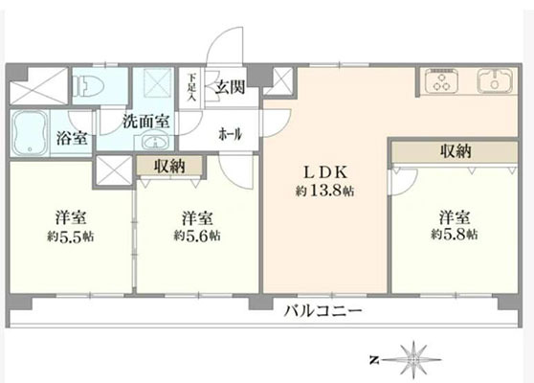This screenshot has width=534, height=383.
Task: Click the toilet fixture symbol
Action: (x=88, y=86)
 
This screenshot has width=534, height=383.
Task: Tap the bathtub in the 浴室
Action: (x=30, y=133)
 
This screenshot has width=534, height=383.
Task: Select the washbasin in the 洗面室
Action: (x=156, y=143)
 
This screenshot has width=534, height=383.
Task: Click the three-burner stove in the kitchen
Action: (x=441, y=81)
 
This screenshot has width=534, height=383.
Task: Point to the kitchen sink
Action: (x=495, y=80)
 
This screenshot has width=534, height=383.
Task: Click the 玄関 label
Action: (x=230, y=87)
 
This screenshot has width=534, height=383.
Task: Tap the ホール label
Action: (x=231, y=134)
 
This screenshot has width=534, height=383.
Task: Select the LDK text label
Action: (x=325, y=172)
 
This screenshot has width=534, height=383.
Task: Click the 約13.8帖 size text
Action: (x=324, y=191)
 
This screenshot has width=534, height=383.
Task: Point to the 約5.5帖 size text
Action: (x=71, y=237)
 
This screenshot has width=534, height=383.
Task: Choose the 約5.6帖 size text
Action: (x=197, y=236)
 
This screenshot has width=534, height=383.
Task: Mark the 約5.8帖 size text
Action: (x=455, y=234)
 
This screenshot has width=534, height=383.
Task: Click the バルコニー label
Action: (x=323, y=310)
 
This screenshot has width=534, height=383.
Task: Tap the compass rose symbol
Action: (x=413, y=359)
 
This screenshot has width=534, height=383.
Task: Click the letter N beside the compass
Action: (x=374, y=359)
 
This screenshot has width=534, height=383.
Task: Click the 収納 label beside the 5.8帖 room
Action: (x=456, y=151)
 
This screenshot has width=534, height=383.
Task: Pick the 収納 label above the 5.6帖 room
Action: (x=169, y=166)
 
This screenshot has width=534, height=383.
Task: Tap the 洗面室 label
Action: (x=146, y=122)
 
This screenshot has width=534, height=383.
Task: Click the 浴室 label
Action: (x=72, y=138)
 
